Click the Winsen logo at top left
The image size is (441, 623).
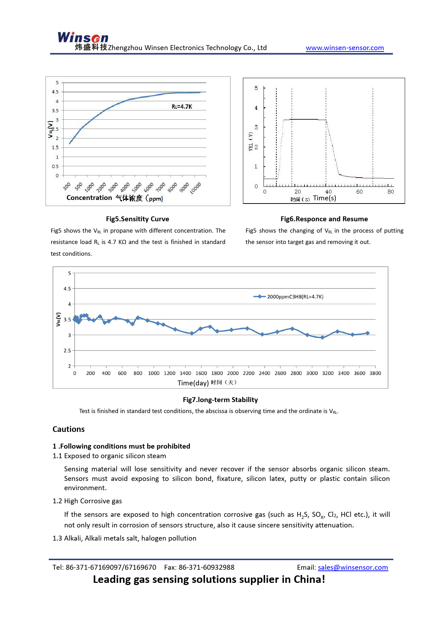pyautogui.click(x=83, y=38)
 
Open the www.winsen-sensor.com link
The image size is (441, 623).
pyautogui.click(x=345, y=48)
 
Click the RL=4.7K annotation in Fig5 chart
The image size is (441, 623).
pyautogui.click(x=182, y=107)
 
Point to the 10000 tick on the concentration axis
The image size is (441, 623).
pyautogui.click(x=196, y=188)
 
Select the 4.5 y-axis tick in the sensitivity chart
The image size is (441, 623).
pyautogui.click(x=55, y=92)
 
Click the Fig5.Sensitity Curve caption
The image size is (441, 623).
pyautogui.click(x=137, y=219)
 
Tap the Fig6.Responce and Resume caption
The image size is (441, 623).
pyautogui.click(x=324, y=219)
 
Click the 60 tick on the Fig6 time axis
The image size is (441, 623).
pyautogui.click(x=360, y=192)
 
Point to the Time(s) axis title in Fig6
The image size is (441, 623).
pyautogui.click(x=324, y=198)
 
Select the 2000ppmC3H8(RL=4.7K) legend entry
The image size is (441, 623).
pyautogui.click(x=295, y=297)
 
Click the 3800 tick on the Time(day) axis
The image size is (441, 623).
pyautogui.click(x=375, y=373)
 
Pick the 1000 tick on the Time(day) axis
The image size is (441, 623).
pyautogui.click(x=154, y=373)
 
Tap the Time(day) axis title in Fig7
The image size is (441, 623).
pyautogui.click(x=193, y=383)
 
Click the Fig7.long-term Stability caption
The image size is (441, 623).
pyautogui.click(x=220, y=400)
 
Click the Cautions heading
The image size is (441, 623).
pyautogui.click(x=69, y=429)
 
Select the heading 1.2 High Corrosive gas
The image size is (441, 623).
pyautogui.click(x=87, y=501)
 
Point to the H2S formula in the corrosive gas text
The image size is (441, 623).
pyautogui.click(x=302, y=515)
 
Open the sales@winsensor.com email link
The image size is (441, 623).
pyautogui.click(x=353, y=568)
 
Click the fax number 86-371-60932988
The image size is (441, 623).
pyautogui.click(x=206, y=568)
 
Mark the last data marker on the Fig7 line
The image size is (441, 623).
pyautogui.click(x=367, y=333)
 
